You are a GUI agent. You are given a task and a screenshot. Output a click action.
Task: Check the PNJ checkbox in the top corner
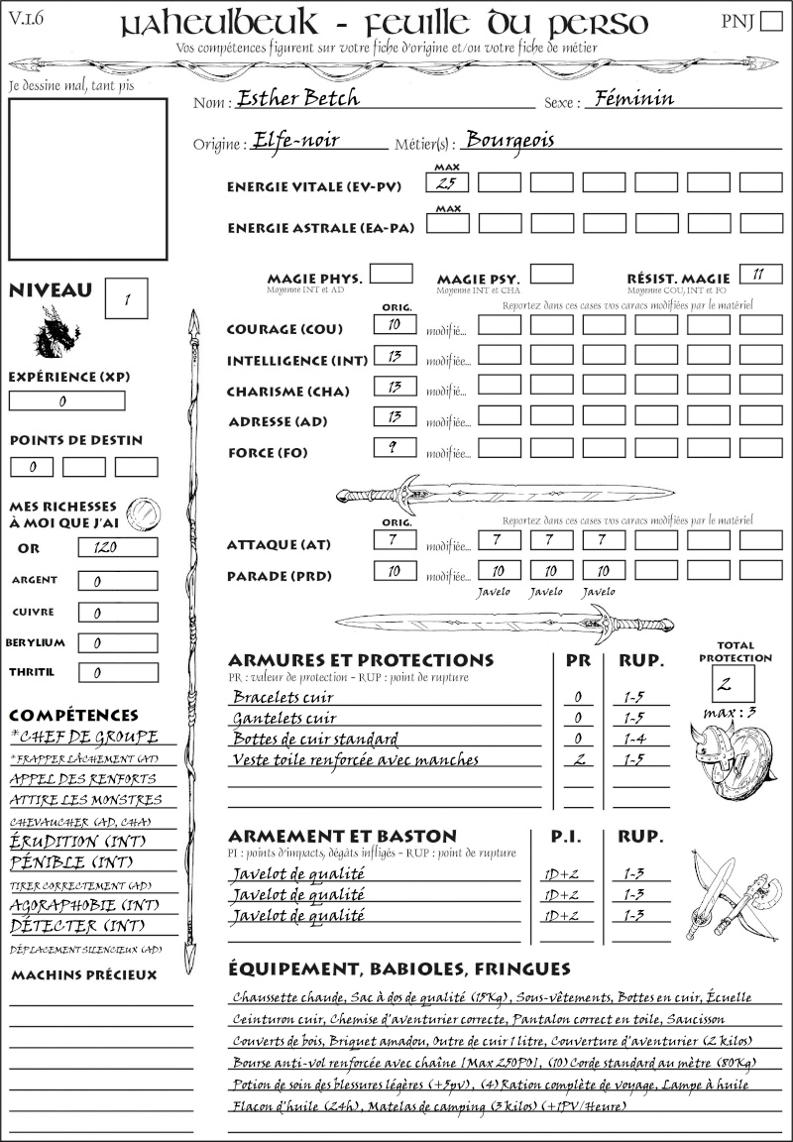(769, 21)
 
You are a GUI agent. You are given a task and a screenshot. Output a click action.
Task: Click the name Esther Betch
(298, 98)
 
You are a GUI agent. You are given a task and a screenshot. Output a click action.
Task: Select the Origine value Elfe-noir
(295, 140)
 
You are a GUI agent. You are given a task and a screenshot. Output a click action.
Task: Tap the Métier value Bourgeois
(510, 140)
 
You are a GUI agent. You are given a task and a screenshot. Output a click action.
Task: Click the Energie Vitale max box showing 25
(447, 182)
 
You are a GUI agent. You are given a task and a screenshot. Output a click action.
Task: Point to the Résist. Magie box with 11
(759, 274)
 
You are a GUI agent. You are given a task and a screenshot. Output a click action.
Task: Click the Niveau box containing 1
(128, 297)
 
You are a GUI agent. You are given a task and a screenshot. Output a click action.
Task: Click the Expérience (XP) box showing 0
(66, 401)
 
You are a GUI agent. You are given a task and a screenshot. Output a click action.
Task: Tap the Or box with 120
(117, 547)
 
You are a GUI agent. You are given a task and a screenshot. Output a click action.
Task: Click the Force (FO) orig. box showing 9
(394, 448)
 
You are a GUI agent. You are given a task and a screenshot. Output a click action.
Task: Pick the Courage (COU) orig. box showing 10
(394, 324)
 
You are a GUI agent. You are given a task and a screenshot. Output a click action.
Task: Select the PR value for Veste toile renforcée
(578, 759)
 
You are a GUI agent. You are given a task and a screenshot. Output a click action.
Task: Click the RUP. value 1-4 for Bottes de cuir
(634, 739)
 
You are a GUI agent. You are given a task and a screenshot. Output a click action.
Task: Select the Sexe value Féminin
(630, 98)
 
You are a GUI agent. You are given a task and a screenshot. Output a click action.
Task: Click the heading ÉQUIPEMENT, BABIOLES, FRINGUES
(398, 968)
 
